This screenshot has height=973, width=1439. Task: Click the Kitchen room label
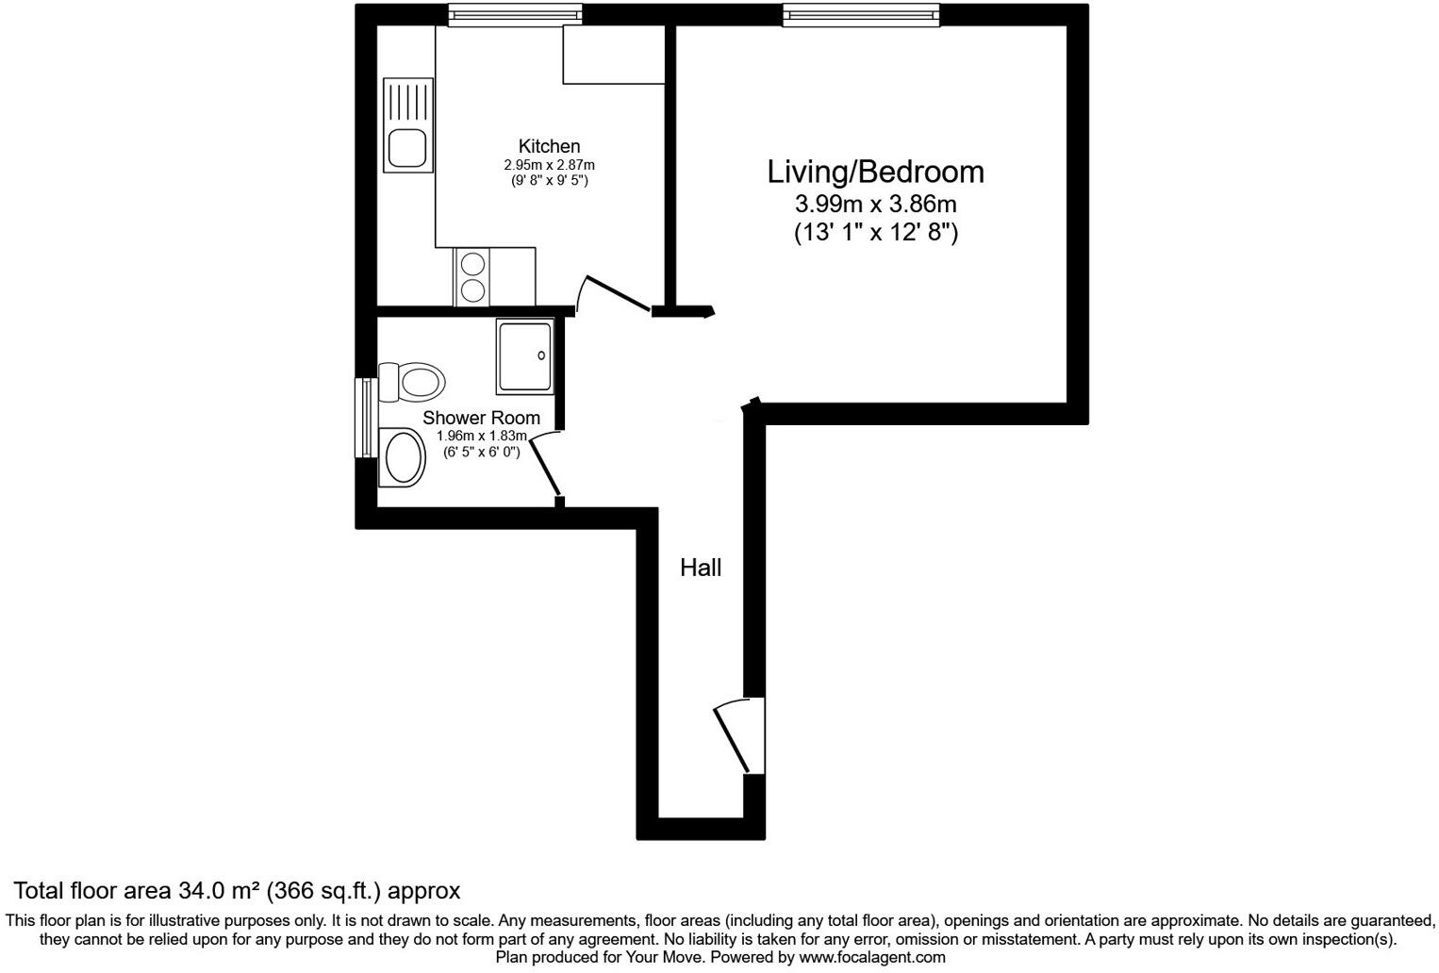[549, 146]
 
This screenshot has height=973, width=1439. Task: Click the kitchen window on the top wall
[514, 14]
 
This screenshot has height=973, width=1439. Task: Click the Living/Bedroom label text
[875, 172]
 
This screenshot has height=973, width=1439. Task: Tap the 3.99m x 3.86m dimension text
[875, 204]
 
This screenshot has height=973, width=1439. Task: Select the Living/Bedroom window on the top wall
[860, 14]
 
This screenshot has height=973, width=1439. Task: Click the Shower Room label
[481, 418]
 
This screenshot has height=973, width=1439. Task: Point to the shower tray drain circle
[541, 355]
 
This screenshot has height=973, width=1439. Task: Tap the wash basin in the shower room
[403, 457]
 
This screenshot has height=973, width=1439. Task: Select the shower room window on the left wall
[364, 418]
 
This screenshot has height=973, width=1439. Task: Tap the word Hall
[701, 568]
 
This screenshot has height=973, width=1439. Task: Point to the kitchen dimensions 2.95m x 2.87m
[549, 165]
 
